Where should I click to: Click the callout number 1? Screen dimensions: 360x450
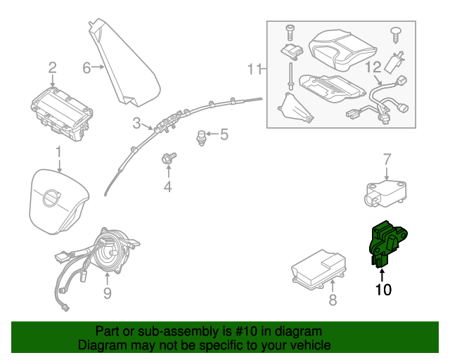pos(59,151)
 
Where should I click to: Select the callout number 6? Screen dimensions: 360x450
pos(86,68)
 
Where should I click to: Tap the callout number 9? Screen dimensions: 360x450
pos(107,292)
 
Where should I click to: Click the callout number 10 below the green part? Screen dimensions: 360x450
pos(383,288)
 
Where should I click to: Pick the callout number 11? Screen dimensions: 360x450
pos(254,69)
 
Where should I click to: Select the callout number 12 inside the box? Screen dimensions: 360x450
pos(373,68)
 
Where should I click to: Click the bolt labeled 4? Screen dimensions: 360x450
pos(169,158)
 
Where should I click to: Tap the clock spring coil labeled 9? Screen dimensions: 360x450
pos(112,250)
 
